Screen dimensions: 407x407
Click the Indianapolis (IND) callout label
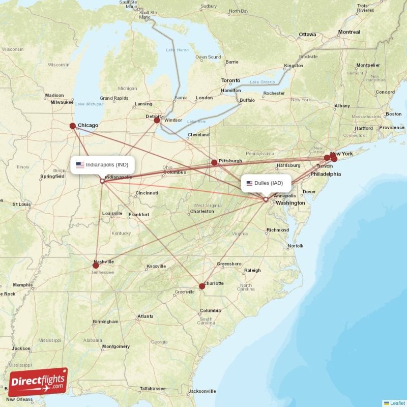pyautogui.click(x=103, y=164)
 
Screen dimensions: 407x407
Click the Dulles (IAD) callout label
pyautogui.click(x=266, y=183)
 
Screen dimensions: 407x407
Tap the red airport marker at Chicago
pyautogui.click(x=73, y=126)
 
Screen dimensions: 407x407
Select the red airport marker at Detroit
pyautogui.click(x=157, y=120)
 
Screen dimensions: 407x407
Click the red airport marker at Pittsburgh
pyautogui.click(x=214, y=163)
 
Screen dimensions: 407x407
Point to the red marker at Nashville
pyautogui.click(x=96, y=265)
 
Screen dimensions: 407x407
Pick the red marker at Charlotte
pyautogui.click(x=202, y=286)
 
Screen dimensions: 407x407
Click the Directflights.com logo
pyautogui.click(x=38, y=382)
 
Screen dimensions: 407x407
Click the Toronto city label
pyautogui.click(x=230, y=81)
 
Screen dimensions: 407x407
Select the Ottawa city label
pyautogui.click(x=307, y=35)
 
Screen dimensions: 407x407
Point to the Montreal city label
pyautogui.click(x=349, y=32)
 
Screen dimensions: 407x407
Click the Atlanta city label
pyautogui.click(x=145, y=317)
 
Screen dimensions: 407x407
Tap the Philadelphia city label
pyautogui.click(x=326, y=173)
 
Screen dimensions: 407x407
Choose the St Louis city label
pyautogui.click(x=22, y=204)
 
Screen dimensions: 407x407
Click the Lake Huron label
pyautogui.click(x=177, y=50)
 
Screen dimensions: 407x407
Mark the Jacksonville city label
pyautogui.click(x=202, y=391)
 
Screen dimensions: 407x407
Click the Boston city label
pyautogui.click(x=393, y=114)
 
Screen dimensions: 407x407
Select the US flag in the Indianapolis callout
pyautogui.click(x=80, y=164)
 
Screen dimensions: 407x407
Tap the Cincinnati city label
pyautogui.click(x=147, y=193)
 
